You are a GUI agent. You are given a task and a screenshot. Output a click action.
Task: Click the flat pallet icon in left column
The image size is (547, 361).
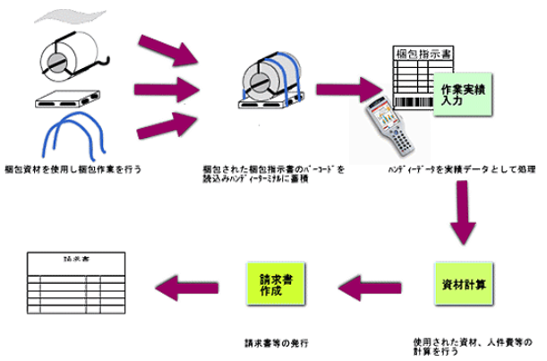pyautogui.click(x=67, y=100)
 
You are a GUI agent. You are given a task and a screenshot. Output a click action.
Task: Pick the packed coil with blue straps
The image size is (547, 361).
pyautogui.click(x=266, y=79)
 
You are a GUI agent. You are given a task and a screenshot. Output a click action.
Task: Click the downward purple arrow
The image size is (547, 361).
pyautogui.click(x=462, y=214)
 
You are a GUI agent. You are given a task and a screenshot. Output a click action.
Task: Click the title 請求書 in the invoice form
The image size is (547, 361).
pyautogui.click(x=69, y=257)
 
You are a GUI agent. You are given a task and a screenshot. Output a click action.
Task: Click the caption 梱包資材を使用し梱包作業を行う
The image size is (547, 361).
pyautogui.click(x=73, y=168)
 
